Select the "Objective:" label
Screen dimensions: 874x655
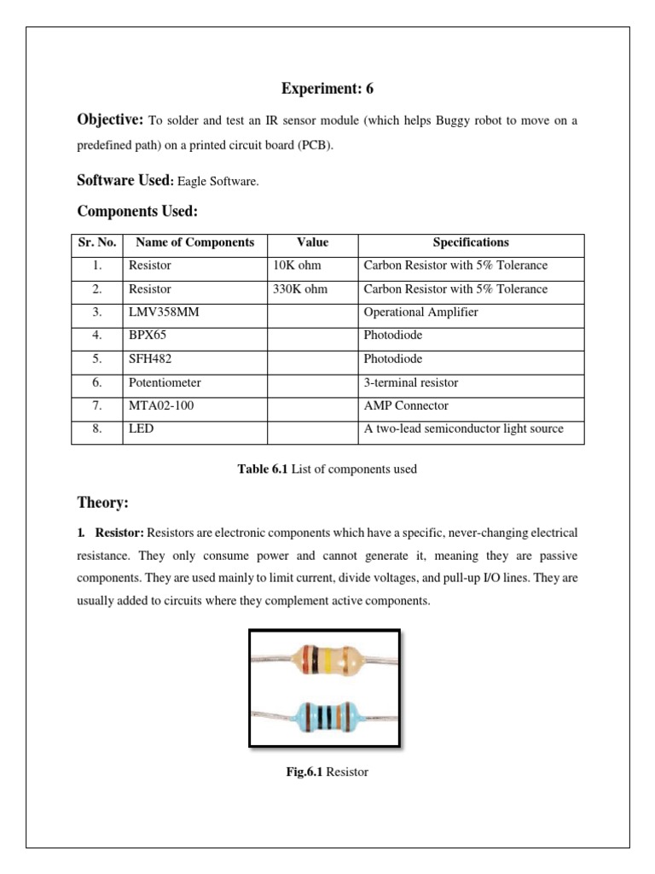[x=110, y=120]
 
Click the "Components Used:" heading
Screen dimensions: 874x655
[x=137, y=211]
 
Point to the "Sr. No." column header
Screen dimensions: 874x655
[x=96, y=242]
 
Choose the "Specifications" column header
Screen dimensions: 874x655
[x=471, y=242]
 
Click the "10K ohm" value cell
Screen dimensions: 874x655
[x=298, y=265]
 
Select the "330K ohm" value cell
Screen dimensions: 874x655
[x=300, y=289]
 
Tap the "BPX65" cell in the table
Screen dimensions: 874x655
[x=146, y=335]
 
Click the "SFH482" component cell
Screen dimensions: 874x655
[x=148, y=359]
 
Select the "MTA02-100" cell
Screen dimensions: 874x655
[x=161, y=406]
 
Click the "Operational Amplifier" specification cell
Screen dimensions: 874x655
[x=420, y=312]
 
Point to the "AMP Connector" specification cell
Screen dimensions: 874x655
[x=406, y=406]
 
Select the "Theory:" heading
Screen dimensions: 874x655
[x=102, y=503]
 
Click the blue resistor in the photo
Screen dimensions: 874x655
[x=323, y=715]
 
